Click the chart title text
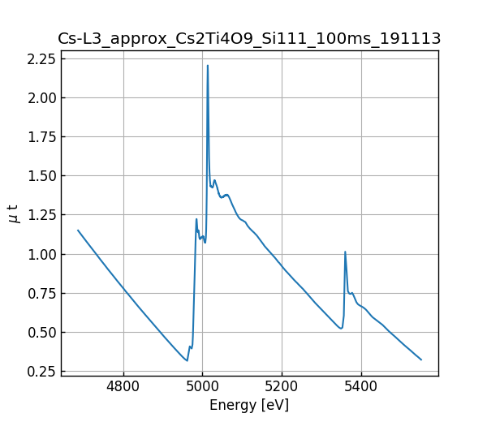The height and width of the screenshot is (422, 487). pyautogui.click(x=249, y=39)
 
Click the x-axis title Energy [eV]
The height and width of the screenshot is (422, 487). pyautogui.click(x=249, y=405)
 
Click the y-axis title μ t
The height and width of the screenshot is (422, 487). pyautogui.click(x=13, y=213)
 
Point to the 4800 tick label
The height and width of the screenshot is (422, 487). pyautogui.click(x=123, y=386)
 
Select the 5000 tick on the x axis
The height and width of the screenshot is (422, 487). pyautogui.click(x=202, y=386)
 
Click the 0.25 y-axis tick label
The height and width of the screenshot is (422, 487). pyautogui.click(x=42, y=372)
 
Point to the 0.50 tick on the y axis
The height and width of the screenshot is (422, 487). pyautogui.click(x=42, y=333)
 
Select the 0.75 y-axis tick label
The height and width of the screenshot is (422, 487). pyautogui.click(x=42, y=294)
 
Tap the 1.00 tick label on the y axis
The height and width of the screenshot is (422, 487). pyautogui.click(x=42, y=255)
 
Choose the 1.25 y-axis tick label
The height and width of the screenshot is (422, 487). pyautogui.click(x=42, y=215)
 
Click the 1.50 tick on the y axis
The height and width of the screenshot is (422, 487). pyautogui.click(x=42, y=176)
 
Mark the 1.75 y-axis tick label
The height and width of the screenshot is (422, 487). pyautogui.click(x=42, y=137)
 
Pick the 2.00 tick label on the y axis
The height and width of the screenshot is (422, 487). pyautogui.click(x=42, y=98)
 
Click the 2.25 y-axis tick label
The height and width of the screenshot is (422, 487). pyautogui.click(x=42, y=59)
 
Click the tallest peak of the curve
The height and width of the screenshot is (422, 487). pyautogui.click(x=208, y=66)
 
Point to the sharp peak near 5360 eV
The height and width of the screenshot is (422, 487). pyautogui.click(x=345, y=252)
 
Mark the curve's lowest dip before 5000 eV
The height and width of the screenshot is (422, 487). pyautogui.click(x=187, y=360)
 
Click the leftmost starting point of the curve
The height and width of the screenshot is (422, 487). pyautogui.click(x=78, y=230)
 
